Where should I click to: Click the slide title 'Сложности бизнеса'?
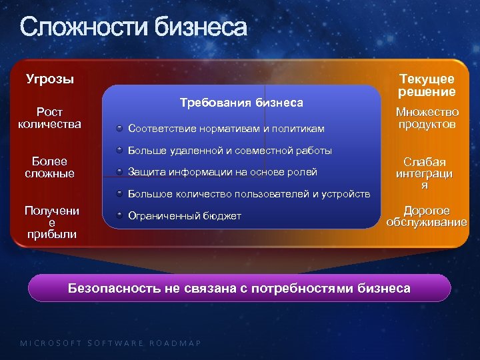(133, 28)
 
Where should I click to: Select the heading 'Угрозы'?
(50, 79)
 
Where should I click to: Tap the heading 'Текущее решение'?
(427, 85)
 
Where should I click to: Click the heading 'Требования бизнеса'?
(241, 103)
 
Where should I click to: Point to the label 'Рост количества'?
(49, 117)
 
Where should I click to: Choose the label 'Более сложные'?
(49, 167)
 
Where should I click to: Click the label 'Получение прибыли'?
(51, 222)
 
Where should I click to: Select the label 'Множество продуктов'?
(427, 118)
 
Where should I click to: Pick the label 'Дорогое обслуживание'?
(427, 216)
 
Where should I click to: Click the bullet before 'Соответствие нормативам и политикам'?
(118, 128)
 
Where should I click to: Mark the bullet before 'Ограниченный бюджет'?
(118, 216)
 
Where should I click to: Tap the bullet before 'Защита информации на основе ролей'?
(118, 172)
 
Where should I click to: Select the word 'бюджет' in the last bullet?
(221, 216)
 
